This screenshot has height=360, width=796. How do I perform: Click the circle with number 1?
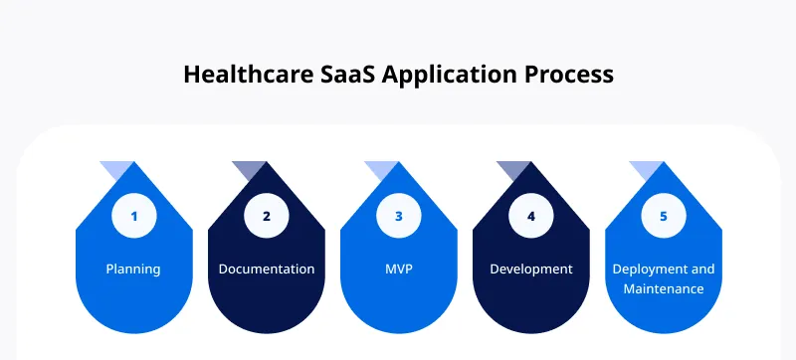[134, 216]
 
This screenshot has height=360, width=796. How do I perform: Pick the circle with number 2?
[267, 216]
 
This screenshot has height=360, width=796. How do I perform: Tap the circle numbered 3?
[399, 216]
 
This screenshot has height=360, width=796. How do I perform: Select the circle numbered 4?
[531, 216]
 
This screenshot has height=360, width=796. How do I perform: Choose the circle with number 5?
[664, 216]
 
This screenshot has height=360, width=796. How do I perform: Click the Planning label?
[134, 270]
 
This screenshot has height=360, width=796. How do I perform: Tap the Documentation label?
[267, 270]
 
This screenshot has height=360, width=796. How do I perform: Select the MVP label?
[399, 270]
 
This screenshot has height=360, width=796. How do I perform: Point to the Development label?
[531, 270]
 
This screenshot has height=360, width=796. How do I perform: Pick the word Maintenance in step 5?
[664, 289]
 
